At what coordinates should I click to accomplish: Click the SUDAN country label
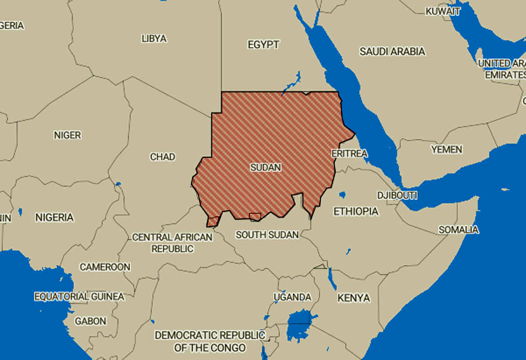[x=266, y=167]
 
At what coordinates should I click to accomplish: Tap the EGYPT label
[x=263, y=45]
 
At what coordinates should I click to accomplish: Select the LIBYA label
[x=154, y=39]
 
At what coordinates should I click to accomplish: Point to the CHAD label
[x=163, y=156]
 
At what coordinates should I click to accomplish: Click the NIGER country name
[x=68, y=135]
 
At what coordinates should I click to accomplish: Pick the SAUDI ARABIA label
[x=392, y=51]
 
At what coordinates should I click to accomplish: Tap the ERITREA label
[x=349, y=153]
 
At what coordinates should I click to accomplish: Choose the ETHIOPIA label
[x=356, y=212]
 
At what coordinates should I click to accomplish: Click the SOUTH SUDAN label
[x=267, y=235]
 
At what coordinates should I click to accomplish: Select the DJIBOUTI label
[x=397, y=195]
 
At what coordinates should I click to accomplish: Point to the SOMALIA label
[x=458, y=229]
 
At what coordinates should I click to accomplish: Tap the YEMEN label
[x=447, y=149]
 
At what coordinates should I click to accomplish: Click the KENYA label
[x=354, y=298]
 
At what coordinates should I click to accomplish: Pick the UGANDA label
[x=292, y=297]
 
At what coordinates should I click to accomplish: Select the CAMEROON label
[x=105, y=267]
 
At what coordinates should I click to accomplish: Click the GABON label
[x=90, y=321]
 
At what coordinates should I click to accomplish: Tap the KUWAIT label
[x=443, y=11]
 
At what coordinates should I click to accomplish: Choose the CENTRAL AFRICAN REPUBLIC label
[x=172, y=243]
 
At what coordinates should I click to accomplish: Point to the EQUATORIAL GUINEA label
[x=79, y=296]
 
